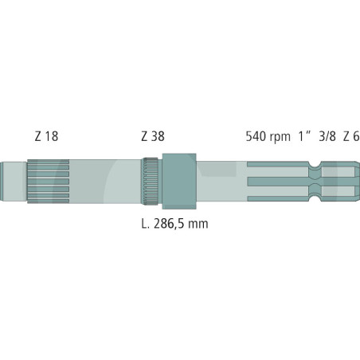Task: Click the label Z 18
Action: (46, 136)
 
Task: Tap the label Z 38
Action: (153, 136)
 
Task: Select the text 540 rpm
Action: (268, 136)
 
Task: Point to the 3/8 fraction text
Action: (327, 136)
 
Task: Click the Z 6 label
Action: (351, 136)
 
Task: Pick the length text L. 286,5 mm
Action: (174, 224)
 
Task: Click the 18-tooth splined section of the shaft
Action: (48, 182)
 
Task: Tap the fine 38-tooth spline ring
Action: (150, 182)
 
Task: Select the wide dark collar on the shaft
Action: (179, 182)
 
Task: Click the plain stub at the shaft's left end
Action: (14, 181)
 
